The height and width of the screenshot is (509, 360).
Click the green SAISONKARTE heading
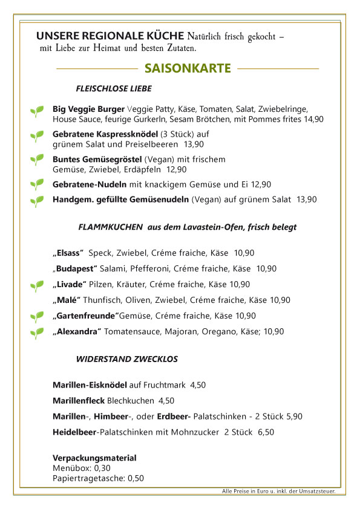point(188,68)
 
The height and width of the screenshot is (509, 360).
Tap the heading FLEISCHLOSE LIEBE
point(114,89)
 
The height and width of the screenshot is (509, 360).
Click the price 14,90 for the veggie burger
point(313,120)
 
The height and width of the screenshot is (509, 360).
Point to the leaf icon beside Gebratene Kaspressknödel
point(37,137)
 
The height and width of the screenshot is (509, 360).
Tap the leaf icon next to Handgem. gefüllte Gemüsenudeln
point(37,201)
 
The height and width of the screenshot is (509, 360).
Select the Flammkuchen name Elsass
point(68,253)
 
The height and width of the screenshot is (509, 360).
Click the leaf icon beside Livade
point(37,285)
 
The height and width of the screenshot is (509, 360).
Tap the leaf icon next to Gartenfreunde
point(37,316)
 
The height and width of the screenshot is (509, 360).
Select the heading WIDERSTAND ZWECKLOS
point(126,359)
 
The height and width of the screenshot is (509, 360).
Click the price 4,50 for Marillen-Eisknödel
point(198,384)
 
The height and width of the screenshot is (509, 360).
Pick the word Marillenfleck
point(79,400)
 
